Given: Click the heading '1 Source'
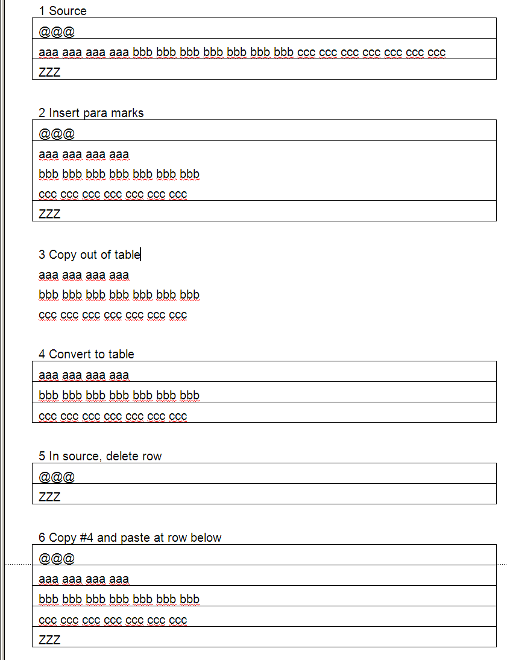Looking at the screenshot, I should pyautogui.click(x=62, y=11).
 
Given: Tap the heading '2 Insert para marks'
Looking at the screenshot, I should pyautogui.click(x=91, y=113).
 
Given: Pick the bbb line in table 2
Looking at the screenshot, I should pyautogui.click(x=119, y=174).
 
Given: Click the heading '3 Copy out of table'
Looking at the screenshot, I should pyautogui.click(x=89, y=255).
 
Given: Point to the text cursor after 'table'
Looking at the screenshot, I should pyautogui.click(x=140, y=255).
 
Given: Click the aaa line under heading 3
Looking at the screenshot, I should pyautogui.click(x=84, y=275).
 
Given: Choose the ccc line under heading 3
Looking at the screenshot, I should pyautogui.click(x=113, y=315).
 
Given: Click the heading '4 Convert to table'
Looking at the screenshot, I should pyautogui.click(x=86, y=354).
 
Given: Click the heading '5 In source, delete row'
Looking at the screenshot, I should pyautogui.click(x=100, y=456).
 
